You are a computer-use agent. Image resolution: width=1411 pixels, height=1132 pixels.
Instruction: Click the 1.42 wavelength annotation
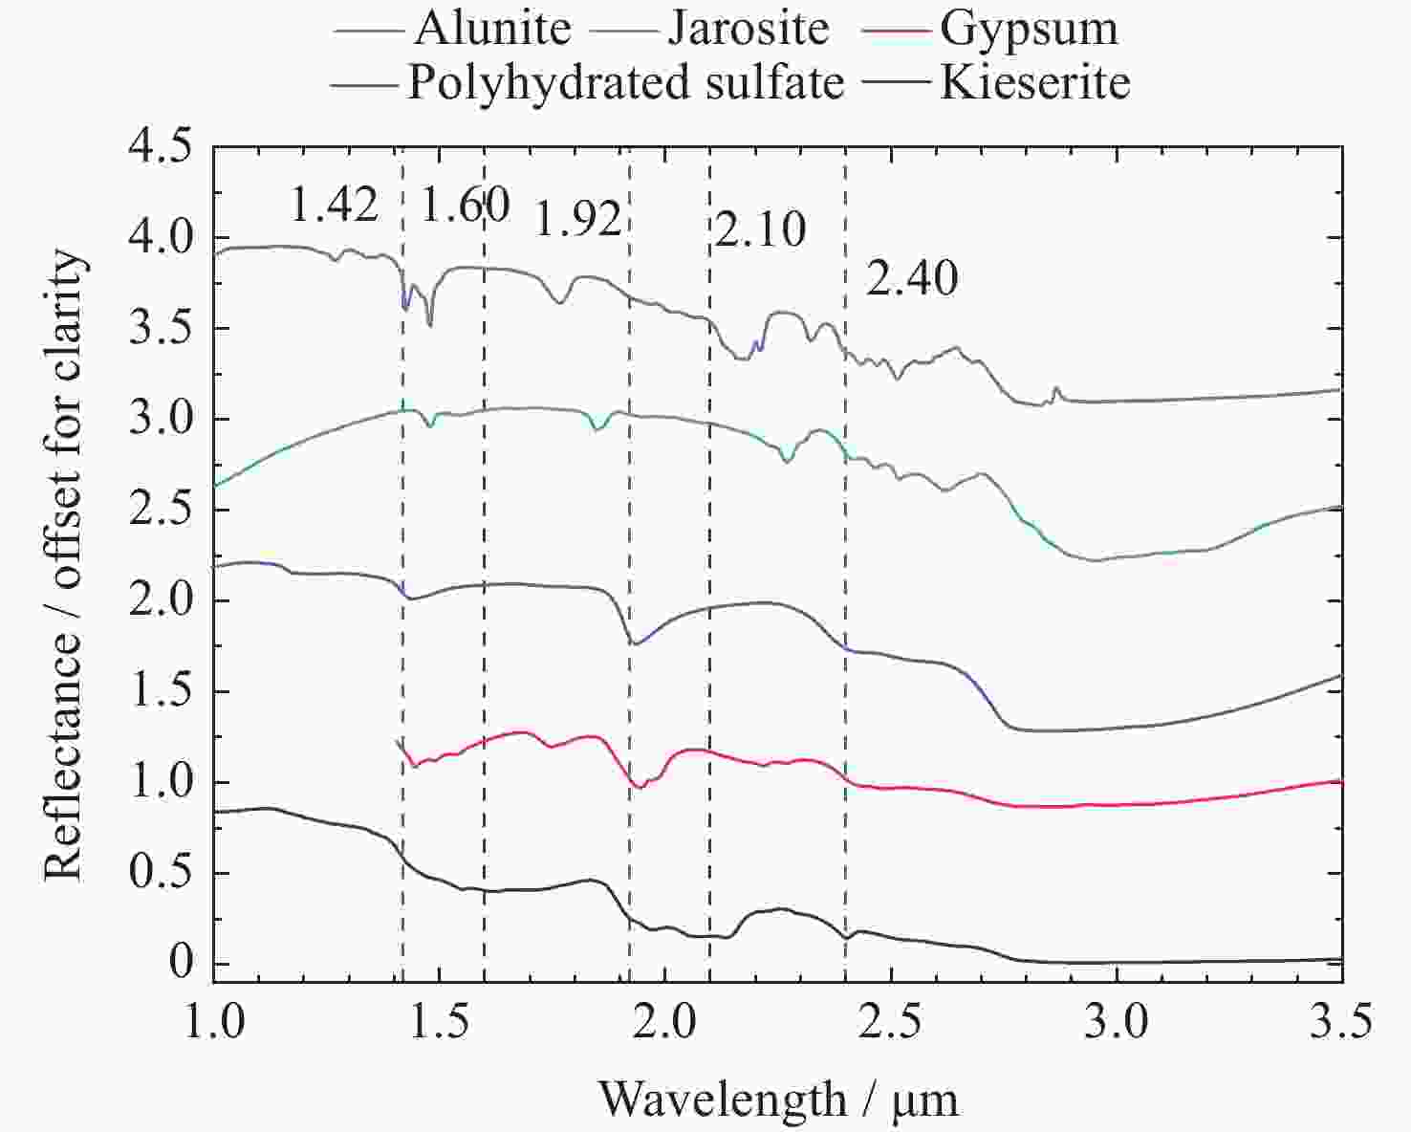tap(334, 205)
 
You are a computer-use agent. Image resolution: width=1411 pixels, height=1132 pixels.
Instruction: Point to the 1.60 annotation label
tap(465, 205)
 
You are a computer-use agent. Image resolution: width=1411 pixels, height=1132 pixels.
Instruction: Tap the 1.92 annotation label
tap(578, 221)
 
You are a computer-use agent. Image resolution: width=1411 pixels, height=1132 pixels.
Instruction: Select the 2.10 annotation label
tap(760, 230)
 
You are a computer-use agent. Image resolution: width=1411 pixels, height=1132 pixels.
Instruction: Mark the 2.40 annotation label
tap(912, 279)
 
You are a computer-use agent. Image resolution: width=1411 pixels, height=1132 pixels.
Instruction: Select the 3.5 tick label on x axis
tap(1341, 1022)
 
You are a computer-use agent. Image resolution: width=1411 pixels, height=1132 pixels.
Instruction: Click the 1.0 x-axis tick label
tap(213, 1022)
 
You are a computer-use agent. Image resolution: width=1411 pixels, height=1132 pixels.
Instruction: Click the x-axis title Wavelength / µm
tap(778, 1099)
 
